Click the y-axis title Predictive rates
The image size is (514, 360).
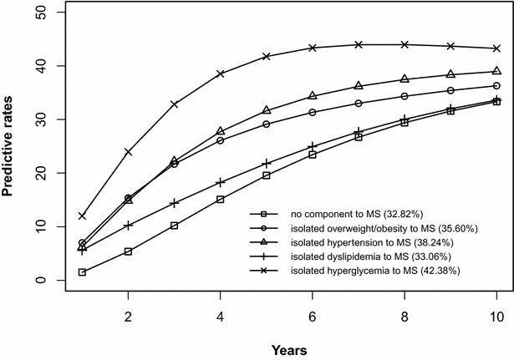11,145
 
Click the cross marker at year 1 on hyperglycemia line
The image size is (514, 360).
82,215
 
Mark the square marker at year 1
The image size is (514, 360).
82,272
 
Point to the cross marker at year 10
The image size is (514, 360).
496,48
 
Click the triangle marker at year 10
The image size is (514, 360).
496,71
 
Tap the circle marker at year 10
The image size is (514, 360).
496,86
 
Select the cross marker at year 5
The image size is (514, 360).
267,56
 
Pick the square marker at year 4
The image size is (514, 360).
221,200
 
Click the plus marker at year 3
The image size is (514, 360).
175,203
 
